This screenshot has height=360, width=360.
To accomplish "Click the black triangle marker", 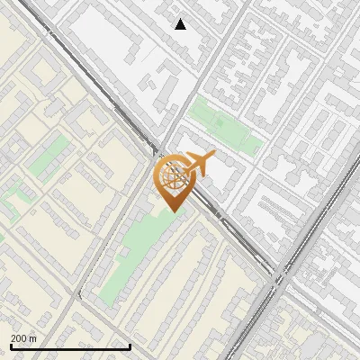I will tap(181, 24).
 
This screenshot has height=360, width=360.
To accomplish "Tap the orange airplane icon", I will tap(195, 165).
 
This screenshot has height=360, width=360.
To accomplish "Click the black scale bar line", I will tap(70, 346).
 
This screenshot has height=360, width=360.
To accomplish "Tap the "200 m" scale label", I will tap(24, 338).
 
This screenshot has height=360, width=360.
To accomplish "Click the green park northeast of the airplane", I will tap(224, 126).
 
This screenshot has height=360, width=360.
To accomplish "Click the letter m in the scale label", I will tap(34, 338).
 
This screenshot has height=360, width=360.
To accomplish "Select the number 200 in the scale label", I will tap(20, 338).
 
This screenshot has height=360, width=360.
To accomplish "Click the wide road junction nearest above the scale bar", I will tap(80, 298).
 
